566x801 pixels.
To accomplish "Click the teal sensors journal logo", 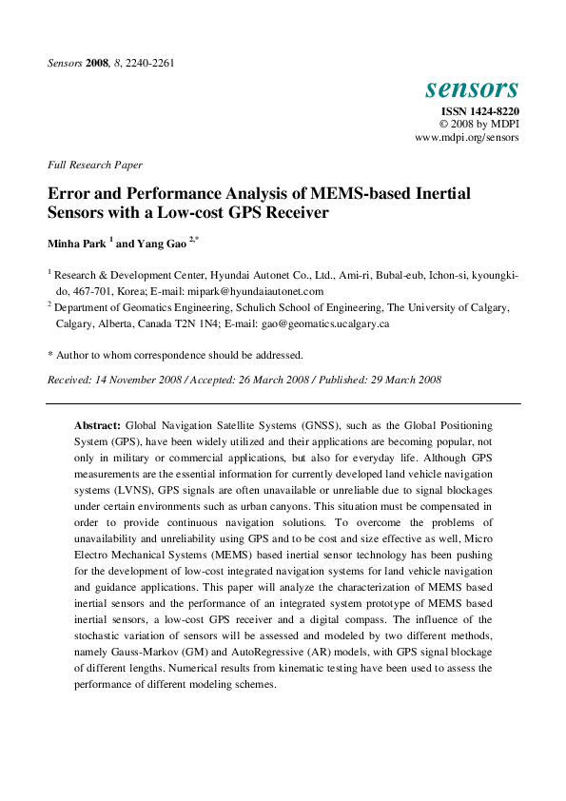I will point(472,88).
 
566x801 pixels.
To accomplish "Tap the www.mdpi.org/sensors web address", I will point(467,138).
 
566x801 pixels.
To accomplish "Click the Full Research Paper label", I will point(94,165).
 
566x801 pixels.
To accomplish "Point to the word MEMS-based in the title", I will point(347,193).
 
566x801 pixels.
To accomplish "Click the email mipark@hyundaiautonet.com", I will point(268,291).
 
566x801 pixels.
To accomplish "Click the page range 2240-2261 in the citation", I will point(146,64).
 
